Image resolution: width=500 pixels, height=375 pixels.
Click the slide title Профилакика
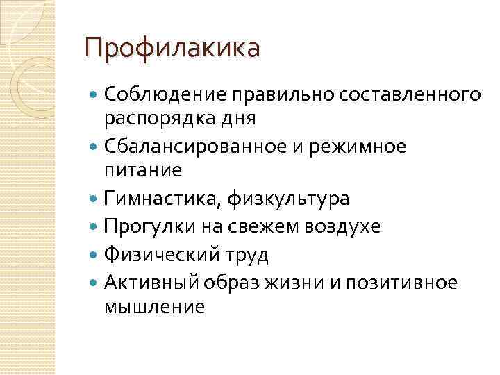coord(172,49)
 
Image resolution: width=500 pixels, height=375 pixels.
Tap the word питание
coord(142,171)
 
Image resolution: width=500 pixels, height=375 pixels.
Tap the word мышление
coord(155,306)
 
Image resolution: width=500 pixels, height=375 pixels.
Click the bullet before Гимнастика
coord(94,199)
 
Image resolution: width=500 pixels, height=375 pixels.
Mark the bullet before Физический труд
coord(94,255)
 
